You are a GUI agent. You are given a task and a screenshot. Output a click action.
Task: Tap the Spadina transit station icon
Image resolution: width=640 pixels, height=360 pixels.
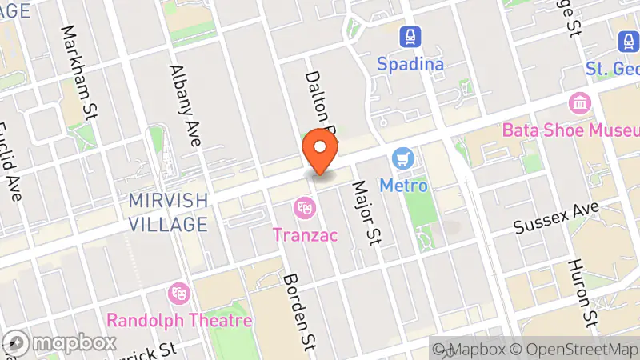click(411, 37)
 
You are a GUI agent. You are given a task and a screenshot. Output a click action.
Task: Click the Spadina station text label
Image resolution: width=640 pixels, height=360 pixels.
click(411, 63)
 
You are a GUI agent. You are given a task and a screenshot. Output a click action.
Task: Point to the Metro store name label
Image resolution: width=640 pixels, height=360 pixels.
click(403, 185)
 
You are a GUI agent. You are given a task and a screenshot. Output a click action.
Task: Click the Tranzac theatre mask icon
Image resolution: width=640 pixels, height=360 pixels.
click(304, 207)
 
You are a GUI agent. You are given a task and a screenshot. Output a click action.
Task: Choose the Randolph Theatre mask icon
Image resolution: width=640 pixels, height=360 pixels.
click(178, 294)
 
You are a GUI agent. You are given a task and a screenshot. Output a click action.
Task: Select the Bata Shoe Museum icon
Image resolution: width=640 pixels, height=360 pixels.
click(578, 102)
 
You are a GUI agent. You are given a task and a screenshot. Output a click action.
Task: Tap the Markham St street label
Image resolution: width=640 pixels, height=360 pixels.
click(78, 72)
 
